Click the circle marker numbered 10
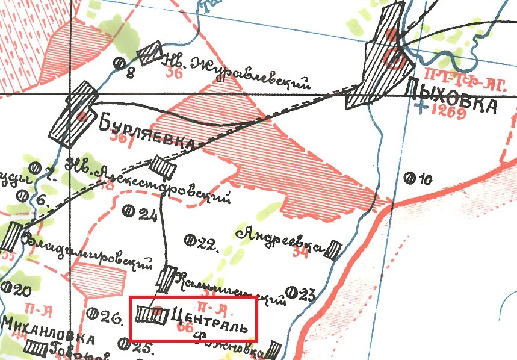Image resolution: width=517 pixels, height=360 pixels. (x=410, y=178)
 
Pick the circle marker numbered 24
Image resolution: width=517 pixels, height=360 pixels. (x=128, y=210)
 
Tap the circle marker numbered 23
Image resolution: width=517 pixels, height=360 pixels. (x=293, y=294)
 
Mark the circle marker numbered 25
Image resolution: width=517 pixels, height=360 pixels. (x=124, y=344)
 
